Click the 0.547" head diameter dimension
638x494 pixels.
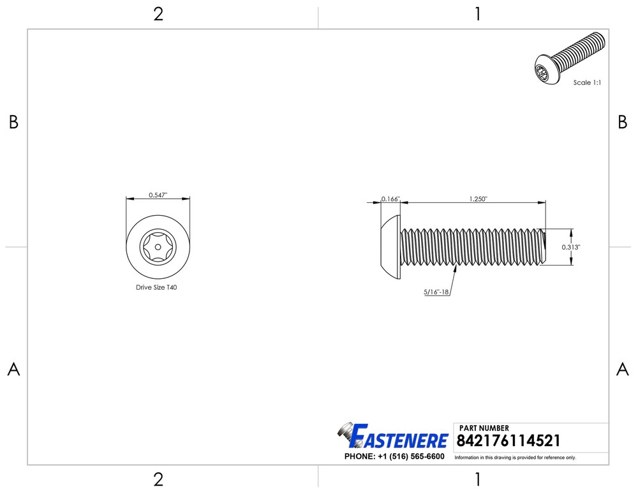pos(158,195)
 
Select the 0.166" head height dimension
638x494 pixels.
pos(390,199)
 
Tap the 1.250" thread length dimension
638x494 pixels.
pos(478,199)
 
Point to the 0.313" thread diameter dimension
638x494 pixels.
pos(571,247)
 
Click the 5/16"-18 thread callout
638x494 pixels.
pos(436,292)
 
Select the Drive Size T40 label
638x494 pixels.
pos(156,287)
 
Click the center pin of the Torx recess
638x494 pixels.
pos(158,246)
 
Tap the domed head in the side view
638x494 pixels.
pos(391,246)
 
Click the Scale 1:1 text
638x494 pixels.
pos(587,82)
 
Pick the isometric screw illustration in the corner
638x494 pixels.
pos(570,58)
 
